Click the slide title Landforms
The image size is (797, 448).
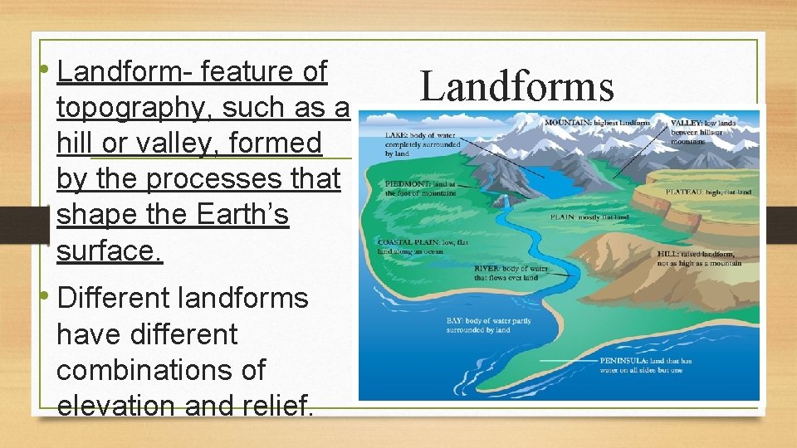pyautogui.click(x=517, y=86)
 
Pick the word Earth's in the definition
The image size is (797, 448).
pyautogui.click(x=242, y=215)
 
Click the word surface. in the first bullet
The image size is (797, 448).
pyautogui.click(x=110, y=251)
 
